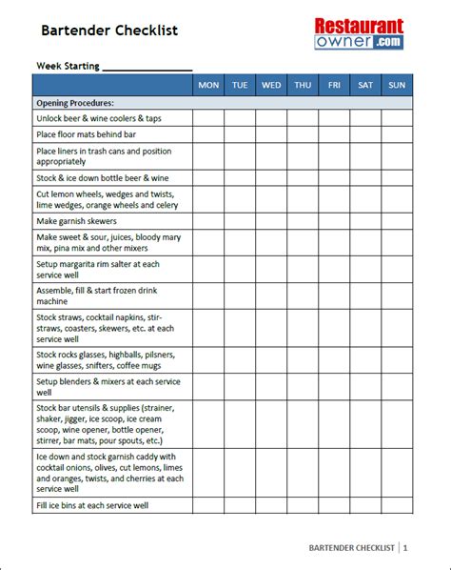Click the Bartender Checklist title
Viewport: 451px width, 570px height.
click(x=108, y=31)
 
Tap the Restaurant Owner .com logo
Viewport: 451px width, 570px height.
click(x=360, y=34)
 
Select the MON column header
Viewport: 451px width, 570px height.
click(x=208, y=85)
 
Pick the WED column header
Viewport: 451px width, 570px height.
click(x=271, y=85)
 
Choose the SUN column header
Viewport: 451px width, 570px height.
click(x=397, y=85)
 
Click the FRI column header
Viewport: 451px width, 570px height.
click(x=334, y=85)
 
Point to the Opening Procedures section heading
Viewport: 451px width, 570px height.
click(x=75, y=102)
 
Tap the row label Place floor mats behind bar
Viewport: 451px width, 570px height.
click(x=87, y=134)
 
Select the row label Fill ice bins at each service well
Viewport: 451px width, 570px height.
click(x=92, y=505)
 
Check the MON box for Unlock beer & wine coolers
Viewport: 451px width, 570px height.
click(x=208, y=118)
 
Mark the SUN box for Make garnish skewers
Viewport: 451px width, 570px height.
click(x=397, y=220)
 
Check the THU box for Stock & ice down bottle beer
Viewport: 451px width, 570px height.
click(x=303, y=177)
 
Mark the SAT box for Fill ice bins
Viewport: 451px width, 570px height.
click(x=365, y=505)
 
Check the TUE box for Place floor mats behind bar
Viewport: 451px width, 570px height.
click(x=240, y=134)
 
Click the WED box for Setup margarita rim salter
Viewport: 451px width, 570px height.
click(x=271, y=269)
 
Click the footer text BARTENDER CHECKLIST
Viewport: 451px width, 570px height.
click(x=351, y=548)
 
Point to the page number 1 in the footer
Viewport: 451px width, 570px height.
click(x=405, y=548)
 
